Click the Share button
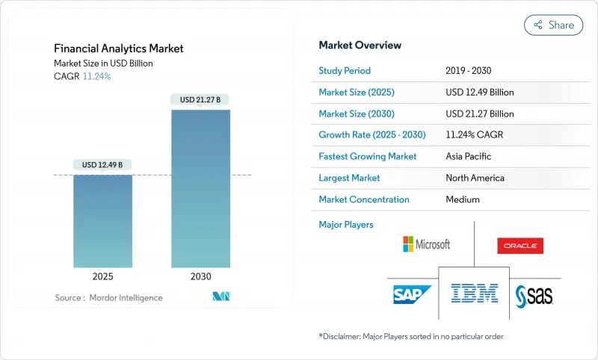pos(554,25)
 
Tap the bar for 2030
pos(200,188)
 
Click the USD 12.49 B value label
pos(102,164)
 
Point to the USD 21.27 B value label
pos(200,99)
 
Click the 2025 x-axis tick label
pos(102,276)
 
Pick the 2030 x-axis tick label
pos(200,276)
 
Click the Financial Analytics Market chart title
pos(119,49)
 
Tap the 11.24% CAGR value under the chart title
pos(96,76)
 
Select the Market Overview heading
pos(360,46)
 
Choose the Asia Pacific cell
pos(469,157)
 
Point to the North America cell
pos(475,178)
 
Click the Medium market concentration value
pos(462,199)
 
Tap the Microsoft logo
pos(426,244)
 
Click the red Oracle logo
pos(520,246)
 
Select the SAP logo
pos(413,294)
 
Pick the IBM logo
pos(475,292)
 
